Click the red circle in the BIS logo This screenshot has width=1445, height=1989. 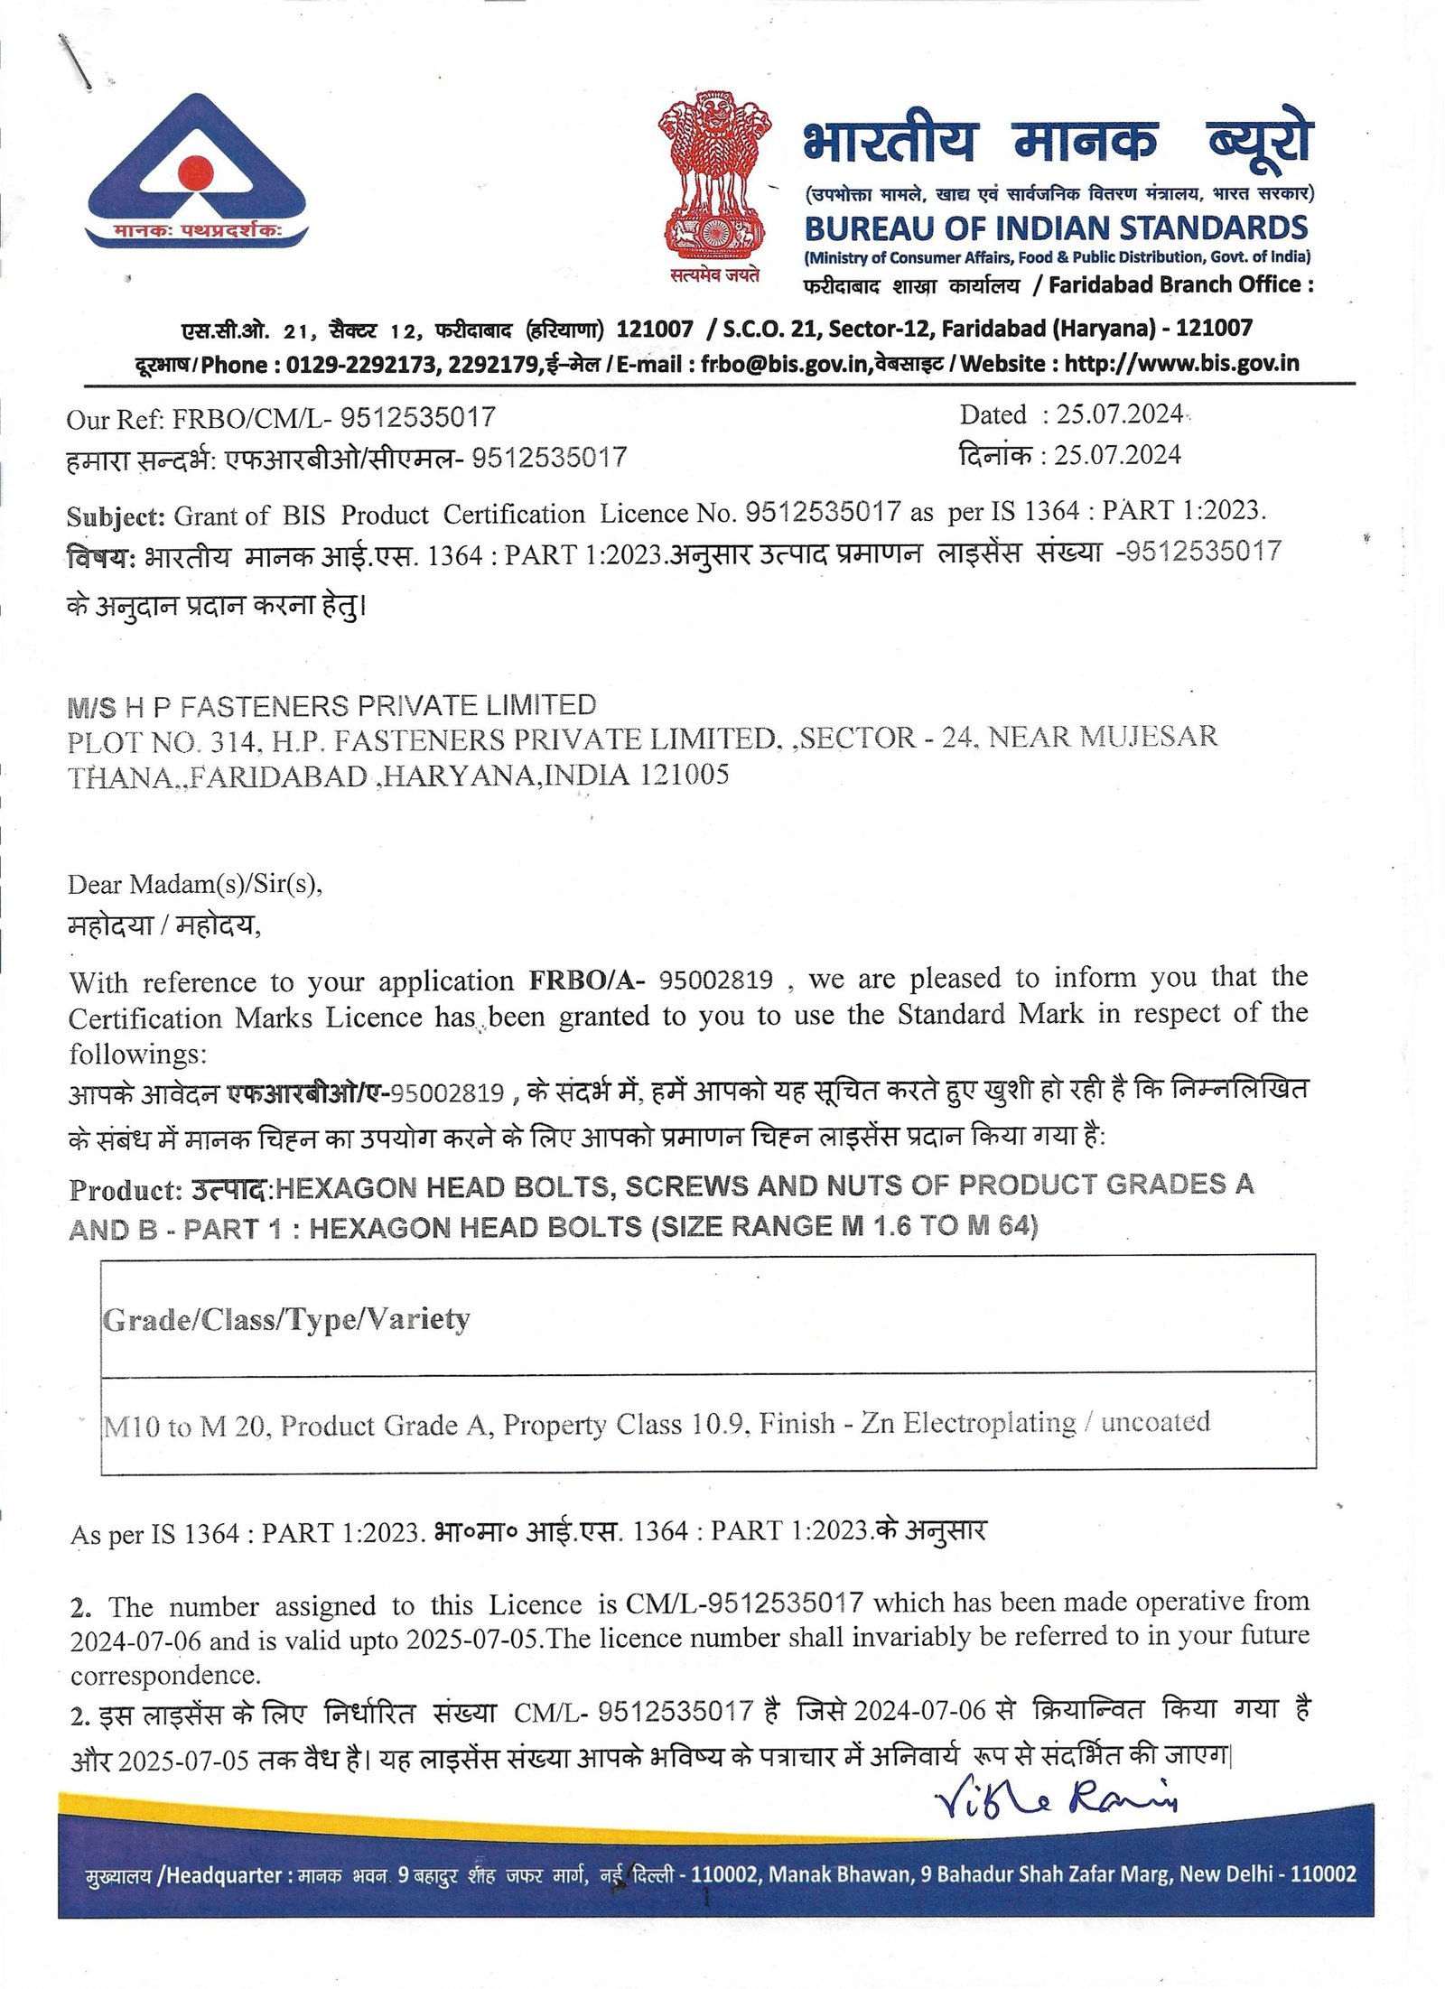point(195,171)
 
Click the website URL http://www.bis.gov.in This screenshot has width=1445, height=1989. point(1181,363)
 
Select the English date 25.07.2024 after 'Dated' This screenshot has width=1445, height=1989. point(1119,414)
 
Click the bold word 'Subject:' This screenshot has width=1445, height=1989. point(116,516)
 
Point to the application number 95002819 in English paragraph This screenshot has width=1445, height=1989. point(715,980)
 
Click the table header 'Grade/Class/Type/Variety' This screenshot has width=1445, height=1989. point(286,1320)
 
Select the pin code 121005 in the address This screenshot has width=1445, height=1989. point(684,775)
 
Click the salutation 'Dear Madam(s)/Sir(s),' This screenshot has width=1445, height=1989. point(195,883)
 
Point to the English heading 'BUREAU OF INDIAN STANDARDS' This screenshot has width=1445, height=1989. point(1056,228)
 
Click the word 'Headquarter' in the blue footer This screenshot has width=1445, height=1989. point(224,1875)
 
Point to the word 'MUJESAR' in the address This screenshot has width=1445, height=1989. point(1148,737)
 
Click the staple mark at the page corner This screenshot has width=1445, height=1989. point(74,61)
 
